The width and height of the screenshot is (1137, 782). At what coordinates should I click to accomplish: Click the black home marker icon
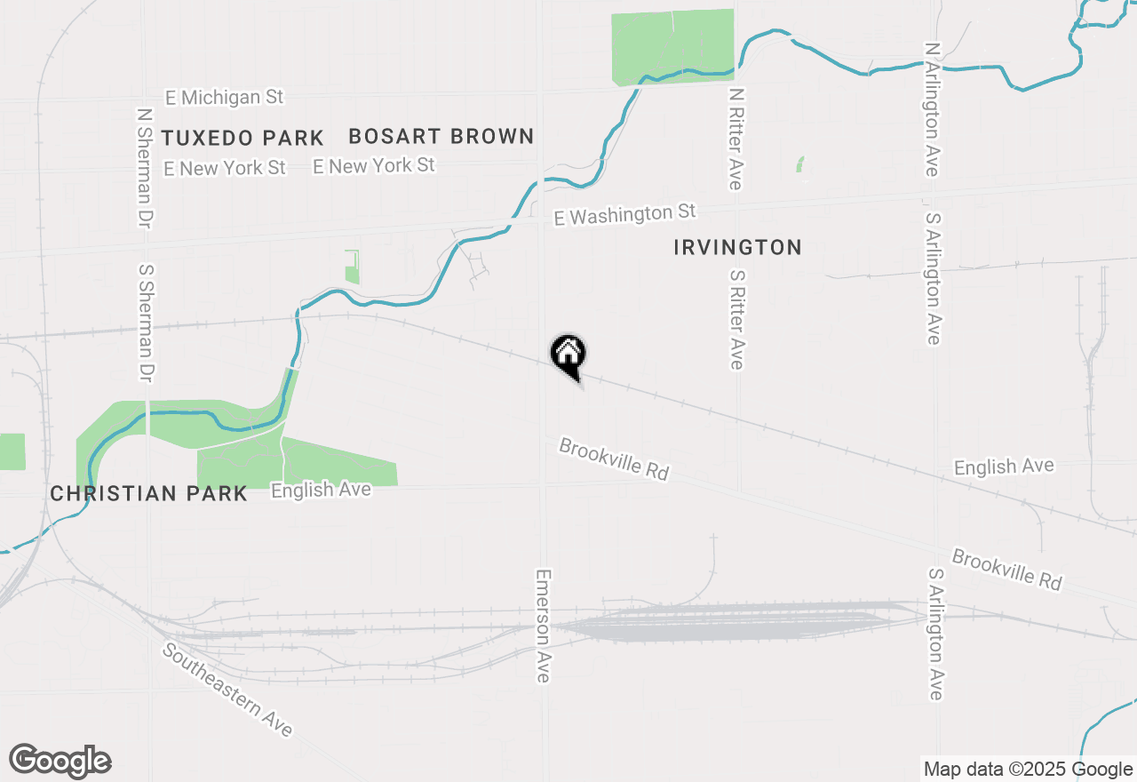[x=568, y=355]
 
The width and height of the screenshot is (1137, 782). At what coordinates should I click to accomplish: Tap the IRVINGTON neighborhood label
[x=737, y=247]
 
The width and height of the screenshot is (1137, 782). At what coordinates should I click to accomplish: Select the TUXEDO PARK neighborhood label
[x=243, y=138]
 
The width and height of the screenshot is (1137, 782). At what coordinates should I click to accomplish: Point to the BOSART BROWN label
[x=441, y=136]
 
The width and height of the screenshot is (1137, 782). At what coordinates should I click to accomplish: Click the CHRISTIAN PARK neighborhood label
[x=148, y=493]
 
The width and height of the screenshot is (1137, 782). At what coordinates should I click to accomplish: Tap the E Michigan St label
[x=224, y=97]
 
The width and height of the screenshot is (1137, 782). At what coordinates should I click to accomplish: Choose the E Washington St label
[x=624, y=214]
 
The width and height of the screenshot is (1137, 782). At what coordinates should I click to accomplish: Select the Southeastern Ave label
[x=227, y=690]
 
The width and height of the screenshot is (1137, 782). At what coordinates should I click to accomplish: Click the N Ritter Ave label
[x=735, y=138]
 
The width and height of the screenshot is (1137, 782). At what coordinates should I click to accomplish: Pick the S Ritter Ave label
[x=735, y=319]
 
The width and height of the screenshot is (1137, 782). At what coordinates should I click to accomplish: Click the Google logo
[x=60, y=761]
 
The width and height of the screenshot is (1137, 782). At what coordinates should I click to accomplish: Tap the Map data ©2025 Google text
[x=1027, y=770]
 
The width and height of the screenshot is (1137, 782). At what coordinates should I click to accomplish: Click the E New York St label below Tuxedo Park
[x=225, y=167]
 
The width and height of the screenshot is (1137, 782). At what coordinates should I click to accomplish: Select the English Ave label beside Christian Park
[x=321, y=490]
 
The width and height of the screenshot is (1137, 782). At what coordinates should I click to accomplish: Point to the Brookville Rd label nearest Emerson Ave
[x=613, y=459]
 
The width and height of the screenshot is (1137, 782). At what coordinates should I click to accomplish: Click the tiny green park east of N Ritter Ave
[x=800, y=164]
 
